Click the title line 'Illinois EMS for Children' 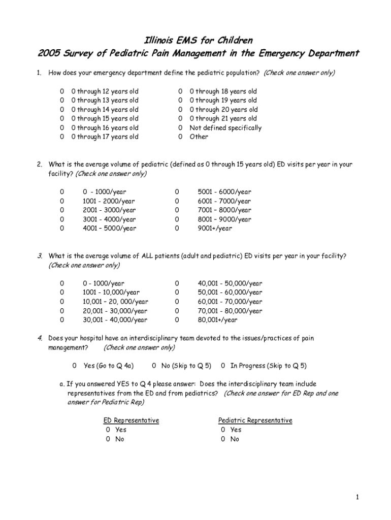point(195,40)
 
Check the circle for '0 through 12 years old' point(62,91)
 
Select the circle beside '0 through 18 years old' point(180,91)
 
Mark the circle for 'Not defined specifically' point(180,128)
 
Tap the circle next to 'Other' point(180,137)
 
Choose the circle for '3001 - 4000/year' point(62,219)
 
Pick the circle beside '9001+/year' point(177,229)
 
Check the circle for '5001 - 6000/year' point(177,192)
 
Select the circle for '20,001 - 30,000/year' point(62,311)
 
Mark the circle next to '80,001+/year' point(177,320)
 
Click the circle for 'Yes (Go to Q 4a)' point(74,366)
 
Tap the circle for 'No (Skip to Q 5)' point(154,366)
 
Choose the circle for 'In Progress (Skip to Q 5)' point(223,366)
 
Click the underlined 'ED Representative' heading point(131,420)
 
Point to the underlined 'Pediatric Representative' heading point(255,420)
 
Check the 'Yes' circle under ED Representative point(108,430)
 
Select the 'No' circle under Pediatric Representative point(223,439)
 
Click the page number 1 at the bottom point(357,497)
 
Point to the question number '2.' point(39,165)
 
